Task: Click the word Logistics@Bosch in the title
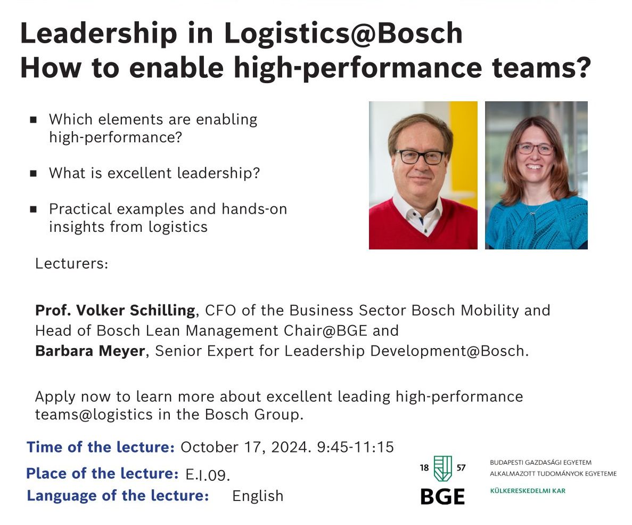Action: [x=343, y=33]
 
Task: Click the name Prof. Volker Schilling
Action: [x=116, y=310]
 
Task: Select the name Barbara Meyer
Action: [x=90, y=351]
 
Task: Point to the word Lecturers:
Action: [x=72, y=263]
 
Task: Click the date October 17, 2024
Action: [x=245, y=447]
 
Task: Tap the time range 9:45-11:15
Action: [x=356, y=447]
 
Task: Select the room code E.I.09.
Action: [x=208, y=474]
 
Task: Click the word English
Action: [x=258, y=496]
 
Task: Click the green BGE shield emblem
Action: [x=442, y=469]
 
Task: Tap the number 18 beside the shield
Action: [x=424, y=467]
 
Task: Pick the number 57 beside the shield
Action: [x=461, y=467]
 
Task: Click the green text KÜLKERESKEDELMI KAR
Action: [x=528, y=491]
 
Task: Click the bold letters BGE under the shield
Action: [x=442, y=497]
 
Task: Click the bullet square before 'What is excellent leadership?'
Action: [x=34, y=174]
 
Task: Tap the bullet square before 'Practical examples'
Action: [x=34, y=209]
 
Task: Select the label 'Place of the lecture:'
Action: [x=102, y=473]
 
